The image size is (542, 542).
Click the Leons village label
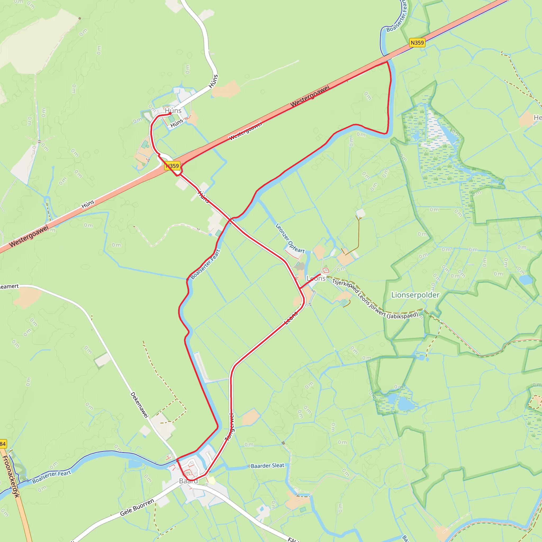[316, 278]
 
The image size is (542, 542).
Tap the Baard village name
[188, 481]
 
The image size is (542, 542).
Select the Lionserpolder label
[415, 295]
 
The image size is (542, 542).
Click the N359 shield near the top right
[417, 43]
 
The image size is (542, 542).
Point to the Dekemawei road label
[139, 405]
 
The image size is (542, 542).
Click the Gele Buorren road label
[137, 507]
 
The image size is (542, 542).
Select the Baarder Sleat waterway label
[267, 466]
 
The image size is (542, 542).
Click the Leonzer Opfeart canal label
[290, 238]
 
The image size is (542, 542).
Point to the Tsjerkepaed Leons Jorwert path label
[375, 299]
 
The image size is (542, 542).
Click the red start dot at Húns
[170, 114]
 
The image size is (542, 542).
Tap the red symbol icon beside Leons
[326, 270]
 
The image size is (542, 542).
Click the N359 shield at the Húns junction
[172, 166]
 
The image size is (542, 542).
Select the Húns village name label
[173, 111]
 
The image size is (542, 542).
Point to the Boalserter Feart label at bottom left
[52, 477]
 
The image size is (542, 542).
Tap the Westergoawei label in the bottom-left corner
[29, 236]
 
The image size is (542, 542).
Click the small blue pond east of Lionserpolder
[525, 280]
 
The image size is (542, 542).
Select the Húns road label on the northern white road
[213, 81]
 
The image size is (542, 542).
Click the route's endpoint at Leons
[320, 274]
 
